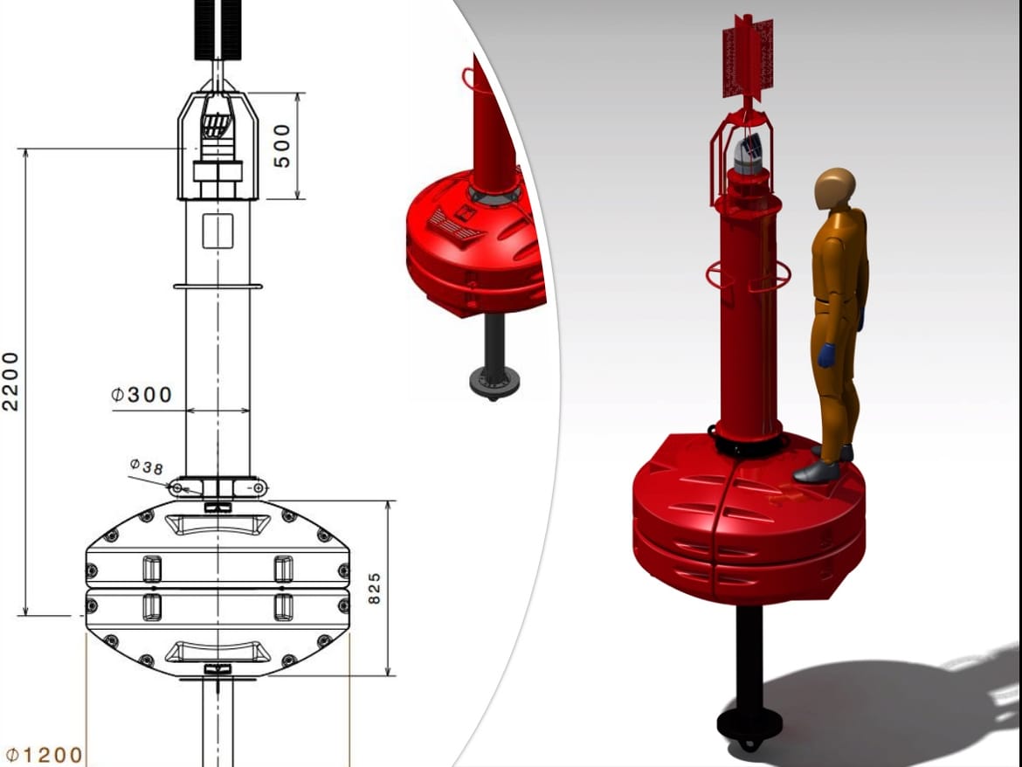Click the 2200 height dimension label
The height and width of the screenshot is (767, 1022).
coord(11,382)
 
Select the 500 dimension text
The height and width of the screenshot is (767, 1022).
coord(281,146)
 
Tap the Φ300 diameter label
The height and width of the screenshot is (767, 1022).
coord(142,395)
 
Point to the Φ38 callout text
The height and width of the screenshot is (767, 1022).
coord(146,466)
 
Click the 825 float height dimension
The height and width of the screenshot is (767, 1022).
coord(374,589)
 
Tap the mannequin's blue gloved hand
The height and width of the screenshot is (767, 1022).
coord(826,356)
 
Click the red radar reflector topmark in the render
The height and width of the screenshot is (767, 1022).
coord(749,58)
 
